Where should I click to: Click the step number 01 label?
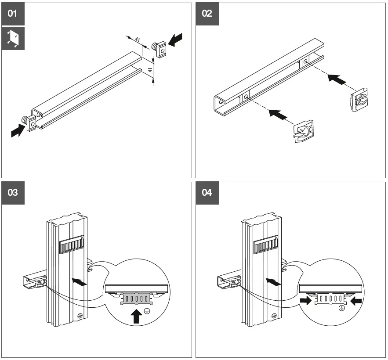(x=13, y=14)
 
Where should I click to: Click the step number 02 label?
(x=207, y=14)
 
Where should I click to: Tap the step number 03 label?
(x=13, y=193)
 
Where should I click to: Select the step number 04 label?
(x=207, y=193)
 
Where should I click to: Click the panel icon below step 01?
(x=13, y=39)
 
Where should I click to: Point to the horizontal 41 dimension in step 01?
(x=138, y=40)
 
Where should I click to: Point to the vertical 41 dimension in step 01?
(x=150, y=70)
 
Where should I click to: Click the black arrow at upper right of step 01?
(x=175, y=40)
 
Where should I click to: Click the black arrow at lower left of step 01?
(x=18, y=130)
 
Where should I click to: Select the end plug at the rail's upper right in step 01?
(x=160, y=49)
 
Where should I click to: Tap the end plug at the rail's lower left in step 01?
(x=29, y=122)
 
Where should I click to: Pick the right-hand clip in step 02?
(x=359, y=100)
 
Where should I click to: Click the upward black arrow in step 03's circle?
(x=136, y=316)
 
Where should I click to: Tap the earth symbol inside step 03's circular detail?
(x=147, y=311)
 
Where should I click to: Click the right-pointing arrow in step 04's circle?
(x=305, y=301)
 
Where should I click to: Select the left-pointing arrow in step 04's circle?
(x=356, y=301)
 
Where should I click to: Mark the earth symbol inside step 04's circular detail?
(x=342, y=308)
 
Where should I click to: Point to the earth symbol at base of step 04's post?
(x=274, y=316)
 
